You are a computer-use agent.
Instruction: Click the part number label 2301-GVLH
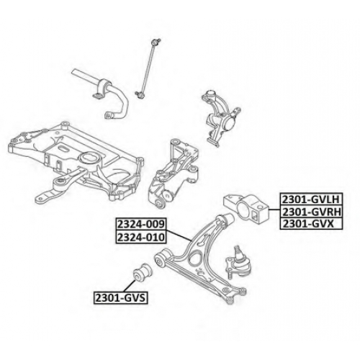[311, 199]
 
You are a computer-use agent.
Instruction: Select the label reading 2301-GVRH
[311, 212]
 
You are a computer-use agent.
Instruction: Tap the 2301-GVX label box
[311, 224]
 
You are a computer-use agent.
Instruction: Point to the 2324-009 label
[141, 224]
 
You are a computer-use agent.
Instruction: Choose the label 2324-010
[141, 237]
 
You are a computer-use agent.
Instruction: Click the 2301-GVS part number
[120, 297]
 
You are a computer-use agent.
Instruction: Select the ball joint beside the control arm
[238, 262]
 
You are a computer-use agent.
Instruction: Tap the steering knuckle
[220, 117]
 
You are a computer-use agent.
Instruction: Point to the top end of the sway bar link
[156, 42]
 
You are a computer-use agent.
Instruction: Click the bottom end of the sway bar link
[139, 95]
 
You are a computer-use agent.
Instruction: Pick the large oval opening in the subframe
[89, 158]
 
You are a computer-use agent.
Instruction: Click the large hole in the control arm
[195, 258]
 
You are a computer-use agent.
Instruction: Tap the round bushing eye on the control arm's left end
[160, 260]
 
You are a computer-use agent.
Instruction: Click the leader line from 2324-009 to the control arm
[179, 235]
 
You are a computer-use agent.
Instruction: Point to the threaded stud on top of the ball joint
[237, 250]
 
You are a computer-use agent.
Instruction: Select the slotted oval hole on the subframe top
[64, 149]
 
